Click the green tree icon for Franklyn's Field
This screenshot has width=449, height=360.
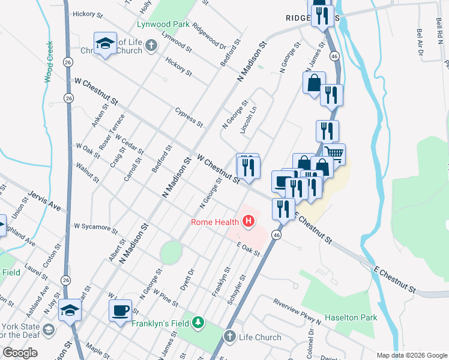click(197, 324)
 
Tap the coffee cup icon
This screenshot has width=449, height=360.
click(120, 310)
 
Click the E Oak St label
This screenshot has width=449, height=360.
click(248, 249)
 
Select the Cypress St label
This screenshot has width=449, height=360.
click(188, 116)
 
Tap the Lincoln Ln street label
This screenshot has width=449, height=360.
click(249, 120)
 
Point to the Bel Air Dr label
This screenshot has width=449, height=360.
click(420, 44)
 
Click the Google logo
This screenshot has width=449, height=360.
click(20, 353)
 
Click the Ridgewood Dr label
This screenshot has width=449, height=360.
click(213, 37)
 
